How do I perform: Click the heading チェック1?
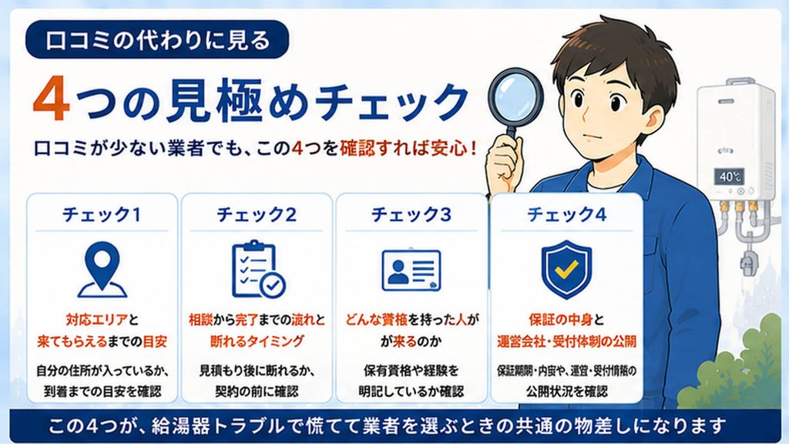pos(101,215)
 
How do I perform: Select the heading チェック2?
pos(256,215)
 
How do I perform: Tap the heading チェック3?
pos(411,215)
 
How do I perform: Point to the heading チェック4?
pos(566,215)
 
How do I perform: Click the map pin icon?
pos(102,270)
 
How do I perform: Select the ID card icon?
pos(411,271)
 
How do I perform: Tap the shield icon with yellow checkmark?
pos(566,270)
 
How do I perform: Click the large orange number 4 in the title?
pos(51,99)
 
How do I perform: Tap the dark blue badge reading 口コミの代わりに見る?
pos(157,40)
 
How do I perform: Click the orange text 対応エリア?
pos(96,320)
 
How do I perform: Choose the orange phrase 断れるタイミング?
pos(257,341)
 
